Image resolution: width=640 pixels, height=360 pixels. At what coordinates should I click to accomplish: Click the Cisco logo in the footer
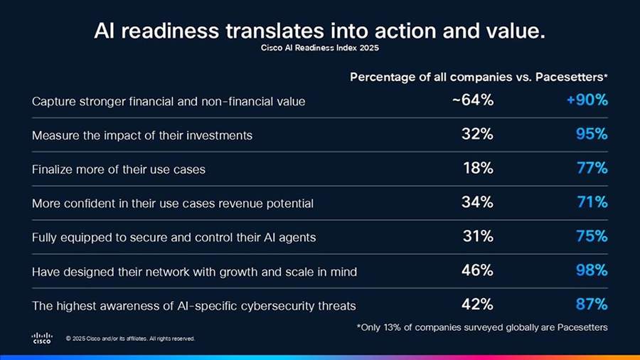click(42, 338)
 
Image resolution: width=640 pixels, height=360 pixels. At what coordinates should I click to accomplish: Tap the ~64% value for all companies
click(473, 100)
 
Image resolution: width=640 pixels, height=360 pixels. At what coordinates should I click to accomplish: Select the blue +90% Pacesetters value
click(587, 100)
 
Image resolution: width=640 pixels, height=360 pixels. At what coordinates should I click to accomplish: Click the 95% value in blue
click(592, 134)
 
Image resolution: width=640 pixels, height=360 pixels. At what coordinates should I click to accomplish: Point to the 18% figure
click(478, 169)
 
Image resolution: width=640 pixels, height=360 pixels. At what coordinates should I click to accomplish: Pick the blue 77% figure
click(592, 169)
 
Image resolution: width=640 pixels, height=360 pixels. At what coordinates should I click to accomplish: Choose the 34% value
click(478, 202)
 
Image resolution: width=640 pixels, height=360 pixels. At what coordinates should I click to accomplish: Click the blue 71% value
click(592, 202)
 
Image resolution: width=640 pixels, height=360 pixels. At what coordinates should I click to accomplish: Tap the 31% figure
click(478, 236)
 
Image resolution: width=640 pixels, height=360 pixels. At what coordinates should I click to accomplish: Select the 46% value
click(478, 270)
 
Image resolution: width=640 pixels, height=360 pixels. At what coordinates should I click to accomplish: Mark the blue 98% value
click(592, 270)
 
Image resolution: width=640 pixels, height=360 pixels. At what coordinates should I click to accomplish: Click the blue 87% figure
click(592, 305)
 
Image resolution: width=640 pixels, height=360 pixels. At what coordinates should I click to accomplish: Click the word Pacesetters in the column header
click(573, 76)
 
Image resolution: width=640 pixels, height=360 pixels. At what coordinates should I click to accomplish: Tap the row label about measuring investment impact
click(142, 135)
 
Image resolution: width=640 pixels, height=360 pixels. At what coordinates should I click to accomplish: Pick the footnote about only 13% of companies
click(481, 327)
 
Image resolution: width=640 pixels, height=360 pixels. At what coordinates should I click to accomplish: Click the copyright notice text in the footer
click(129, 339)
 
